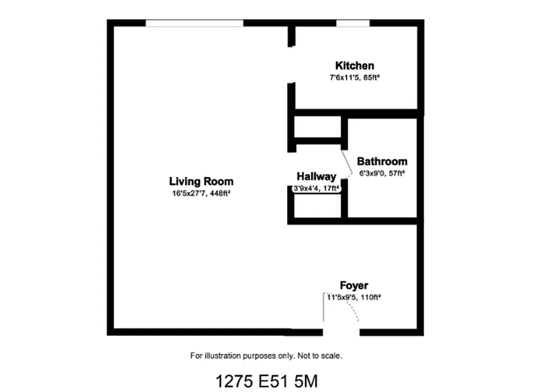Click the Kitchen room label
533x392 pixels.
pos(355,66)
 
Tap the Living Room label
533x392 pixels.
pos(201,181)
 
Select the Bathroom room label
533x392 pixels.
pos(382,161)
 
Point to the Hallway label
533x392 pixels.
pos(316,177)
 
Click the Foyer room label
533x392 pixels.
pos(354,286)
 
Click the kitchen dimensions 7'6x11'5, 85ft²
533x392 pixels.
pos(355,77)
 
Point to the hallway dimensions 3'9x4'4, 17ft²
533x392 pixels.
pos(316,188)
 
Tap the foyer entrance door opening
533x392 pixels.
pos(341,332)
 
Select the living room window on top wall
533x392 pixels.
pos(194,23)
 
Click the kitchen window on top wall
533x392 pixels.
pos(353,23)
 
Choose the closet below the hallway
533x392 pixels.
pos(317,206)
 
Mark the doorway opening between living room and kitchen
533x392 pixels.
pos(291,65)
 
